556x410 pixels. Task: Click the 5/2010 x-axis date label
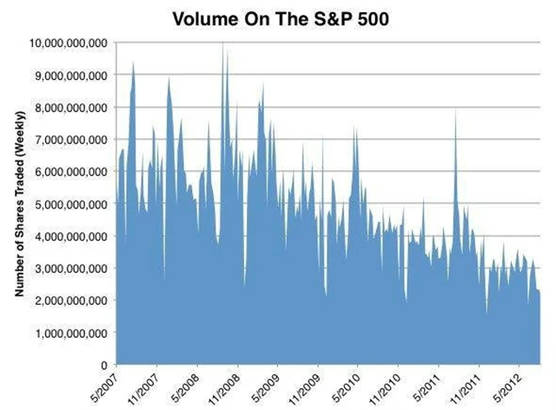[x=348, y=387]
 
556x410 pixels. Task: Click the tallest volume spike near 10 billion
[x=223, y=45]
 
